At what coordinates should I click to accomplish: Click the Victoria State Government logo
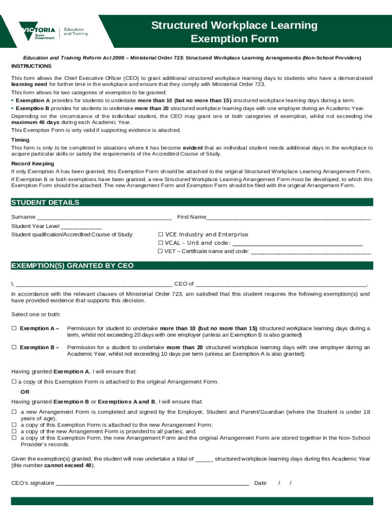(53, 31)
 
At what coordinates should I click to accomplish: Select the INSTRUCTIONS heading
(31, 67)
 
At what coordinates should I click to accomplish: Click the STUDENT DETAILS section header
(45, 202)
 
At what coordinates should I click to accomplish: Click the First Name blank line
(288, 218)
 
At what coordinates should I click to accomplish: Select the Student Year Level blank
(81, 226)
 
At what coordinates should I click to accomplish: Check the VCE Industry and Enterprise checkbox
(160, 235)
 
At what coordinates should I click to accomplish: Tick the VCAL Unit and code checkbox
(160, 243)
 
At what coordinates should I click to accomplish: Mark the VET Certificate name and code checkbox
(160, 251)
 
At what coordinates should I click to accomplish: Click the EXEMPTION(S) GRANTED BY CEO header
(72, 266)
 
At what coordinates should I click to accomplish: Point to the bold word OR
(25, 392)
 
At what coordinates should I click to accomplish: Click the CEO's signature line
(152, 483)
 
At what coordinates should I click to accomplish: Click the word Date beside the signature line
(260, 483)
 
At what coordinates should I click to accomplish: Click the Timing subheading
(20, 140)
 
